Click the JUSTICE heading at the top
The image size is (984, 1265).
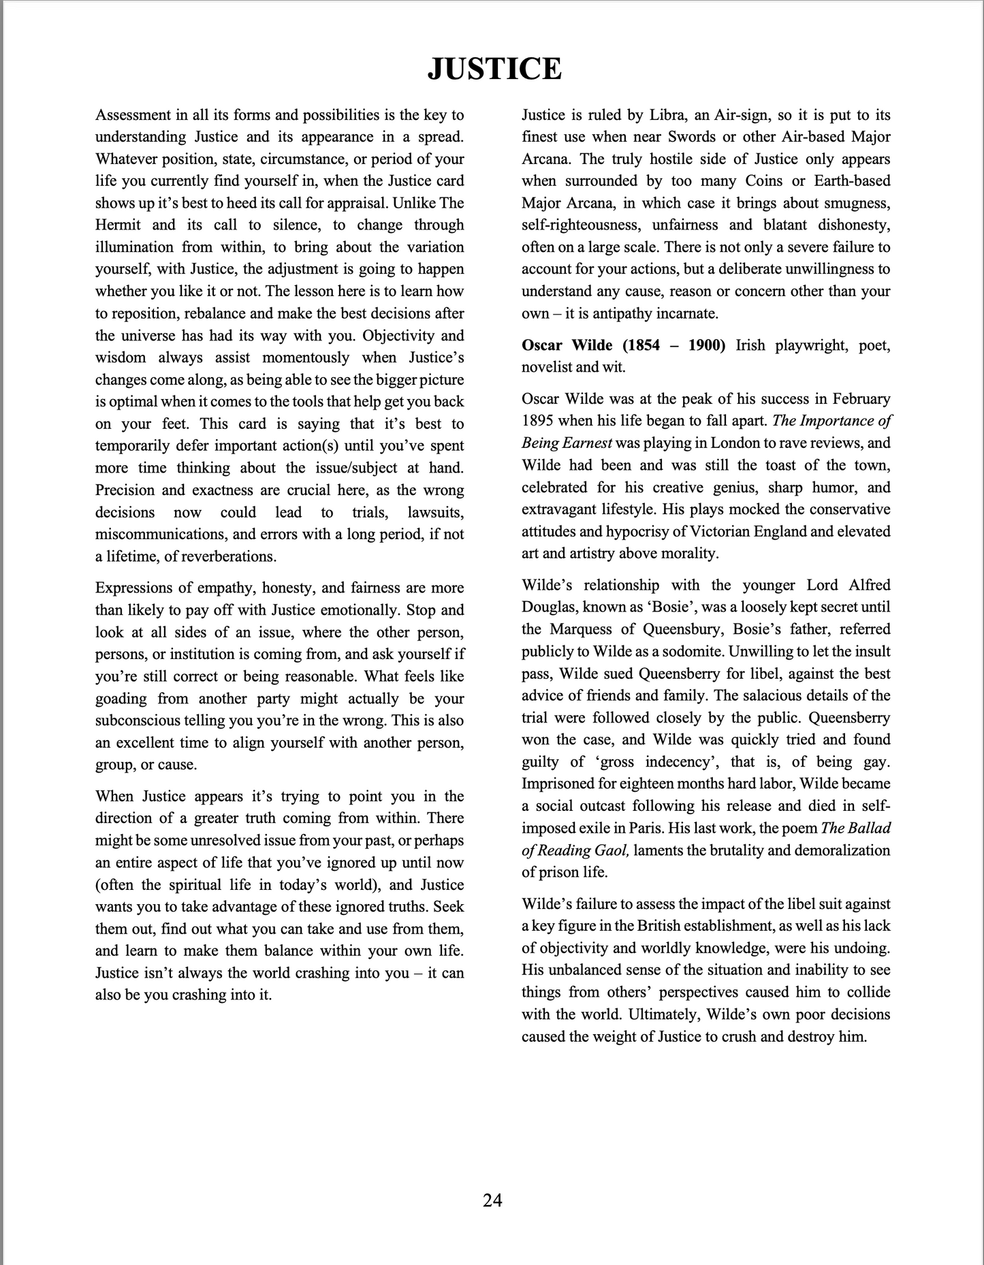click(x=494, y=69)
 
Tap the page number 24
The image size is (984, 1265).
click(x=492, y=1200)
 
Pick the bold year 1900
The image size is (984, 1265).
click(x=707, y=345)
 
